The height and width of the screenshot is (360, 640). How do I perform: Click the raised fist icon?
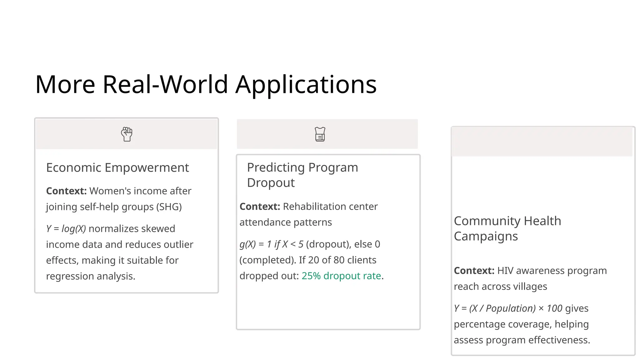(127, 134)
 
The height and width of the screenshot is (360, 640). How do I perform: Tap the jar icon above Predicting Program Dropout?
(320, 134)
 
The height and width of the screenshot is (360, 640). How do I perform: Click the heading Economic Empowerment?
(117, 168)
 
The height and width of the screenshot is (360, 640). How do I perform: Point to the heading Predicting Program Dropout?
(302, 175)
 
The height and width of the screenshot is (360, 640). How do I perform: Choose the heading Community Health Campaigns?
(507, 228)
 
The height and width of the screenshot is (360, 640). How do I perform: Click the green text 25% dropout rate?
(341, 276)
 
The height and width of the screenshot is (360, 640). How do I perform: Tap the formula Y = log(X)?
(66, 229)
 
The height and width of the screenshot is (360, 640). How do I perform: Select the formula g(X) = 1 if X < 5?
(271, 244)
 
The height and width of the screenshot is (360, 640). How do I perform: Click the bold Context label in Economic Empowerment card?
(66, 191)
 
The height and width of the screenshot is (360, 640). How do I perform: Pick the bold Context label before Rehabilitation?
(260, 207)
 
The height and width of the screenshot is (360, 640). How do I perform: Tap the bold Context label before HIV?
(474, 271)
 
